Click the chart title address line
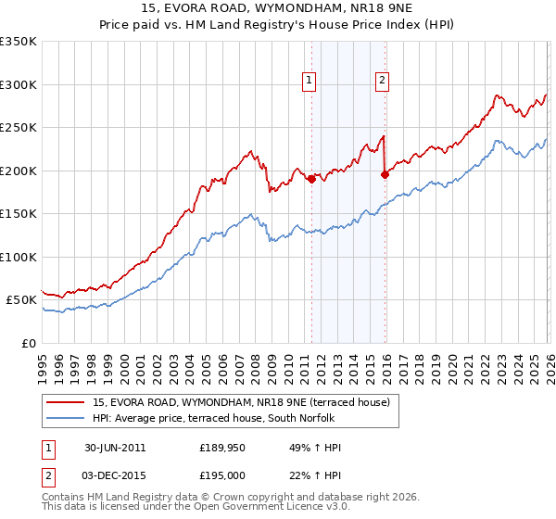(x=278, y=10)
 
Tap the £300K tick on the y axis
(x=19, y=84)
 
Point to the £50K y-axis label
(x=21, y=300)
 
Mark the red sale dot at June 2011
(x=311, y=180)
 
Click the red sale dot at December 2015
(x=385, y=173)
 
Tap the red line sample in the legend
(x=65, y=402)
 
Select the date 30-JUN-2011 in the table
(x=115, y=448)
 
